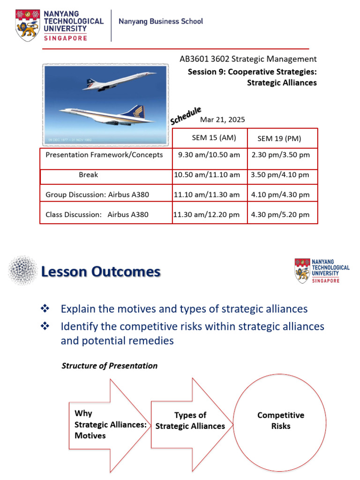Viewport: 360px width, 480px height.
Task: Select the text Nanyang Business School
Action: (161, 21)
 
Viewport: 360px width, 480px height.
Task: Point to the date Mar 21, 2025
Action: (223, 120)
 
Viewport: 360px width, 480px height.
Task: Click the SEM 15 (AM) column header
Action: (214, 138)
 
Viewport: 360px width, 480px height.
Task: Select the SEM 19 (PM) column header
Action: (279, 138)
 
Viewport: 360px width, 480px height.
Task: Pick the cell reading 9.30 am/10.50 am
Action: (209, 155)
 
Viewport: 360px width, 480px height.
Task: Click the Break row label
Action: (89, 174)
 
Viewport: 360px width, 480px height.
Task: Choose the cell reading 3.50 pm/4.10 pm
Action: (280, 175)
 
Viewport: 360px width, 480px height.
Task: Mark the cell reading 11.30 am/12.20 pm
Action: (207, 215)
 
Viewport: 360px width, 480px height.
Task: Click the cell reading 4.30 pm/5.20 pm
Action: (280, 215)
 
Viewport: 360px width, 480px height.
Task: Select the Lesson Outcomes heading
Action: (101, 272)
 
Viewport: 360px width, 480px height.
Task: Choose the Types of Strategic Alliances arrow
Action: (190, 420)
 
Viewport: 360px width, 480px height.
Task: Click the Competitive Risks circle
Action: (280, 420)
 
